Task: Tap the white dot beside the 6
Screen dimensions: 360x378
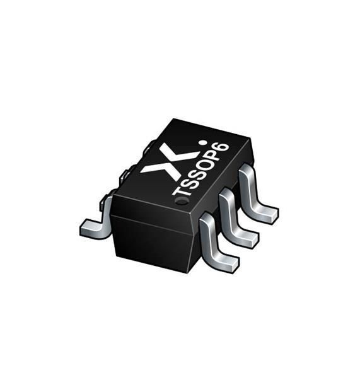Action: (204, 143)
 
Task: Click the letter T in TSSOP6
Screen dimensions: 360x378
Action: (181, 190)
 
